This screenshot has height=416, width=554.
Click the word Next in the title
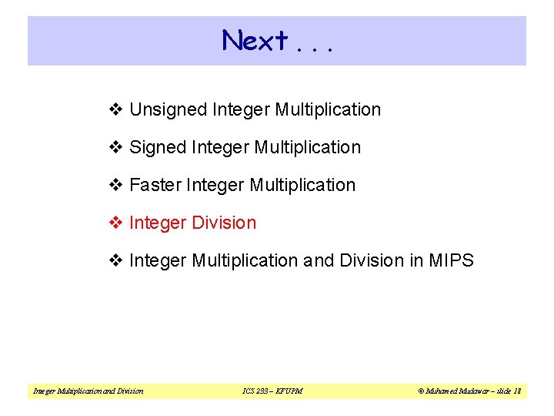(x=255, y=40)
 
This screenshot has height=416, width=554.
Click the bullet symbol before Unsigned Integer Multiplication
(x=116, y=110)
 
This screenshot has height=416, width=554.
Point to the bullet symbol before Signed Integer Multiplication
(x=116, y=147)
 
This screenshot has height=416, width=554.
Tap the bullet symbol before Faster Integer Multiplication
(x=116, y=185)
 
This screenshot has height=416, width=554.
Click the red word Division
(x=224, y=223)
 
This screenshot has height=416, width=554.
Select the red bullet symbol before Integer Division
(x=116, y=223)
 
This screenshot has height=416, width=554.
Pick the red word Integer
(x=158, y=223)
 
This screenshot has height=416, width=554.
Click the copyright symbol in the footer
(x=422, y=391)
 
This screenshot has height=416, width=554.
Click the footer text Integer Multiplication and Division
(x=88, y=391)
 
